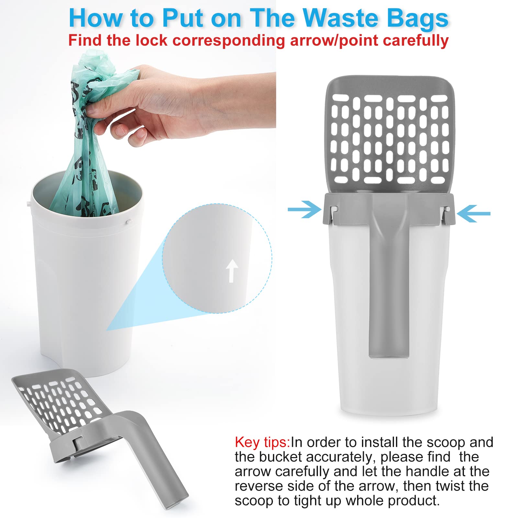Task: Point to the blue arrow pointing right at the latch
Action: coord(304,209)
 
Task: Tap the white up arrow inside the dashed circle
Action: coord(231,271)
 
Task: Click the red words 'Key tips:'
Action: coord(262,442)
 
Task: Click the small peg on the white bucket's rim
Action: coord(129,222)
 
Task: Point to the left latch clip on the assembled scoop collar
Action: coord(333,215)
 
